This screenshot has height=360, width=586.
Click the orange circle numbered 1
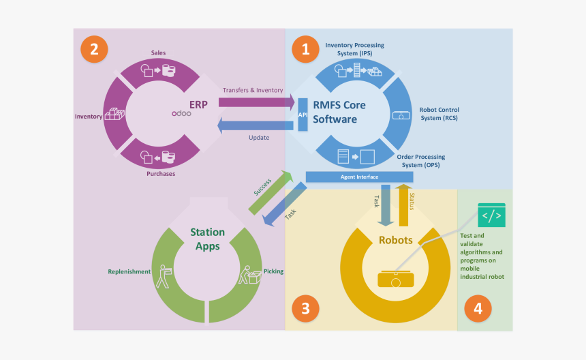click(x=305, y=48)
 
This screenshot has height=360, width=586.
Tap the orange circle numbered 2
click(x=94, y=48)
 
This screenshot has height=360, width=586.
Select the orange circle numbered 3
click(x=305, y=309)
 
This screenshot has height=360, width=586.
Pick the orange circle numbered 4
click(x=478, y=309)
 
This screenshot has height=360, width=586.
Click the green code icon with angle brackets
click(x=491, y=215)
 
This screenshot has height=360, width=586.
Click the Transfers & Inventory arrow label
click(x=252, y=91)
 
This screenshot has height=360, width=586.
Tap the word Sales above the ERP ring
click(x=158, y=52)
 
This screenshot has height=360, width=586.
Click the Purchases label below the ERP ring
click(x=161, y=174)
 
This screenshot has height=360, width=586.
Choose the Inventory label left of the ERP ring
click(x=89, y=117)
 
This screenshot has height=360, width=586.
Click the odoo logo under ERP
click(x=181, y=114)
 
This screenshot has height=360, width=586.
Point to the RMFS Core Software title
click(x=339, y=112)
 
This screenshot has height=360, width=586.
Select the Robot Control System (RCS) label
click(x=439, y=113)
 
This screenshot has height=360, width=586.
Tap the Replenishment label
click(x=129, y=271)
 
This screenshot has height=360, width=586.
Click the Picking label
click(x=273, y=271)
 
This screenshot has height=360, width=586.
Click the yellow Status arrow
click(x=403, y=205)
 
